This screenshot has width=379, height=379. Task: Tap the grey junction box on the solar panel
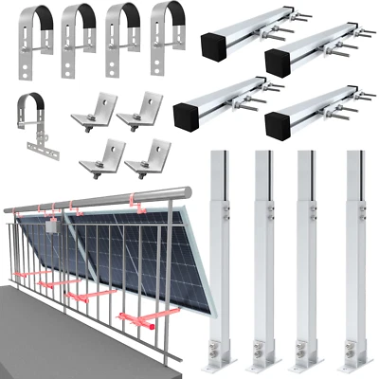[54, 226]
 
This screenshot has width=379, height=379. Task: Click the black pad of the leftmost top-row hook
[30, 16]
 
